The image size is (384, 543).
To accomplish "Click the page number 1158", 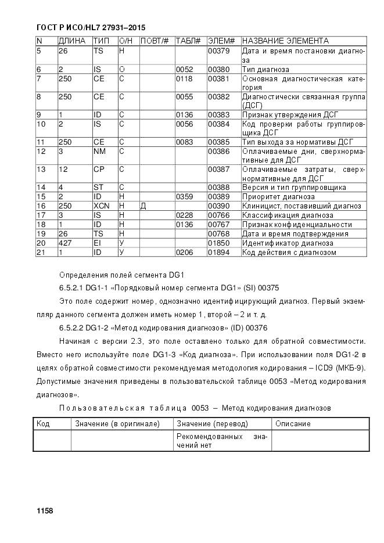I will pos(45,510).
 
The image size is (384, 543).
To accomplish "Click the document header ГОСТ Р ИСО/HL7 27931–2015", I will pos(91,27).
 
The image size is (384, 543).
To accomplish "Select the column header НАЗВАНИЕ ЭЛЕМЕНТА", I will pos(285,41).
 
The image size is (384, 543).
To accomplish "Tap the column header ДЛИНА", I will pos(72,41).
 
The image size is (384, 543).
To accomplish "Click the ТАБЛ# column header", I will pos(188,41).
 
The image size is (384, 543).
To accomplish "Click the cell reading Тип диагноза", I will pos(265,69).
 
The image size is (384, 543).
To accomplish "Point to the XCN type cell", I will pos(101,206).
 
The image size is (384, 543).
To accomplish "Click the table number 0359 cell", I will pos(184,196).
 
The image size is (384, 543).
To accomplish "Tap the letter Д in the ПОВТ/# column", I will pos(143,206).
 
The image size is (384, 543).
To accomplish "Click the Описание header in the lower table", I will pos(293,423).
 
